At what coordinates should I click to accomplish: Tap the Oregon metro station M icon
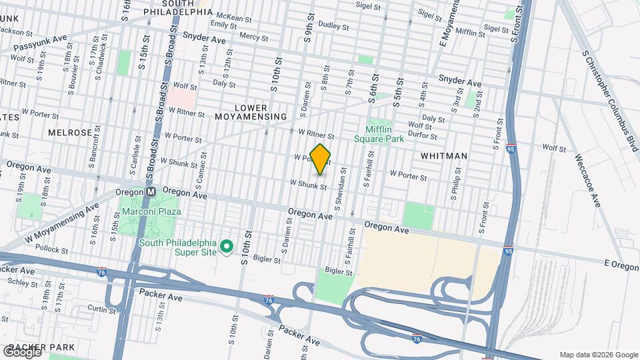click(151, 191)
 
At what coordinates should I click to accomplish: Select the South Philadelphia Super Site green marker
click(226, 247)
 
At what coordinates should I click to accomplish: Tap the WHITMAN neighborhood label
click(444, 155)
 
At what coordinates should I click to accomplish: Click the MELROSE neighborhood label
click(70, 133)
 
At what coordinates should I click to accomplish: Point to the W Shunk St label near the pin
click(308, 184)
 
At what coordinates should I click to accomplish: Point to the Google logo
click(21, 351)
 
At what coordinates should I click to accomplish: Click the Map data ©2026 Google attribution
click(599, 355)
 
